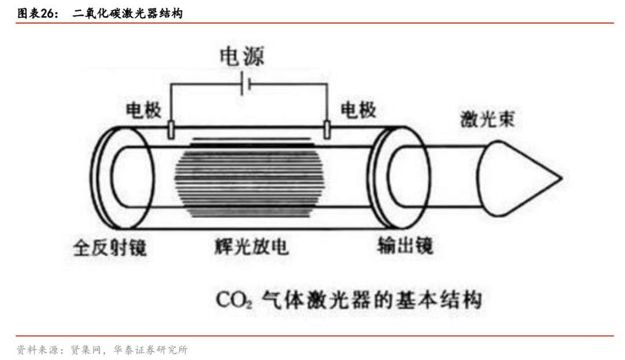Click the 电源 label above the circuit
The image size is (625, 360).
(241, 57)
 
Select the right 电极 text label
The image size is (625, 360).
(358, 110)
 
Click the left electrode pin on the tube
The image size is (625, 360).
(171, 129)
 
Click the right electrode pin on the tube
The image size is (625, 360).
(327, 129)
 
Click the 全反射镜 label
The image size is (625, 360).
(109, 248)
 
